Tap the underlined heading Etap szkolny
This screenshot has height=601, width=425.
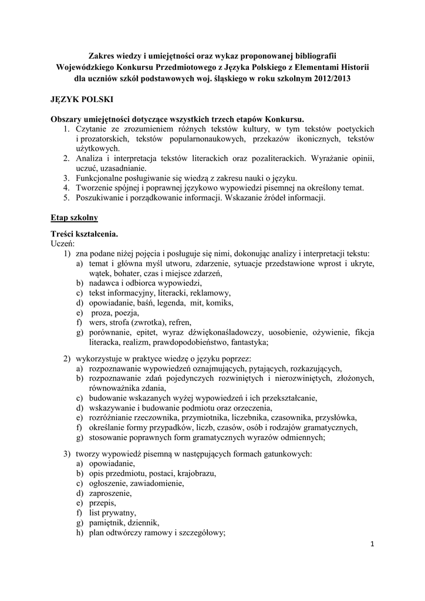click(x=74, y=218)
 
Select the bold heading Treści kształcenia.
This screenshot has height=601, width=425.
click(x=84, y=234)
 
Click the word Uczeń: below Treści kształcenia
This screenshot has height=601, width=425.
click(x=62, y=244)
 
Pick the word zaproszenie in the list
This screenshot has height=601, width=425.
click(x=110, y=494)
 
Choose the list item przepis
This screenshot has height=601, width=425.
click(x=102, y=504)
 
